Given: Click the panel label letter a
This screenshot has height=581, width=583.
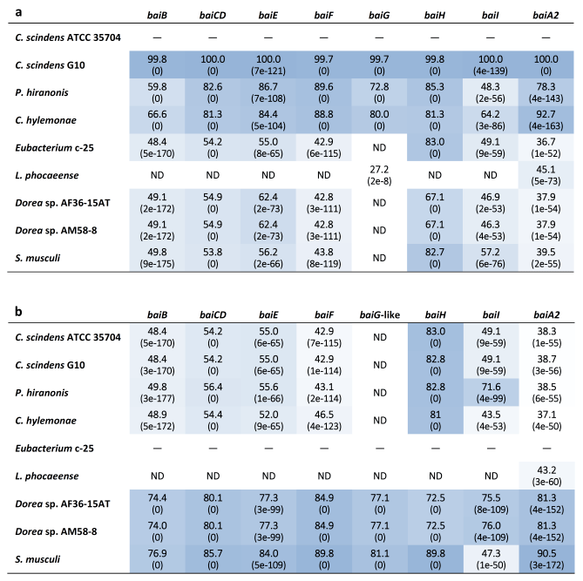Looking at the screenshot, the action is pos(18,12).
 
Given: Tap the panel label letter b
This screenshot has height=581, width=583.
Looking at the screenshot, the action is pos(18,311).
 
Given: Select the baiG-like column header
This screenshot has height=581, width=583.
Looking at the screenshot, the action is pos(380,314).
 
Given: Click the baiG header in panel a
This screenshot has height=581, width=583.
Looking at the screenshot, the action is pos(379,15).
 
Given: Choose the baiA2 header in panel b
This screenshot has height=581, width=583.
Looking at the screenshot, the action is pos(546,314).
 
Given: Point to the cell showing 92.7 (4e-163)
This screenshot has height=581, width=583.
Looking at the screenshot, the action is pos(546,120).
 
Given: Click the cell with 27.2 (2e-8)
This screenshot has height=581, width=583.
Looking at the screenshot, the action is pos(379,175).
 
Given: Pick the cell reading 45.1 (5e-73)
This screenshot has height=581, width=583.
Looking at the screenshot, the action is pos(546,175).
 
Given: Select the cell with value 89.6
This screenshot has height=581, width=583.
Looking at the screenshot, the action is pos(323,92).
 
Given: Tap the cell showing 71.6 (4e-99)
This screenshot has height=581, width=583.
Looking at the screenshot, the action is pos(491,393).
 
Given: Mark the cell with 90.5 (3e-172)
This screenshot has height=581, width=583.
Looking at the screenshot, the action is pos(546,559).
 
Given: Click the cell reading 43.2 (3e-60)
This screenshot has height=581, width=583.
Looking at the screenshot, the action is pos(546,476).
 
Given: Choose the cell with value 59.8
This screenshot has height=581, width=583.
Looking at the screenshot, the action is pos(157,92).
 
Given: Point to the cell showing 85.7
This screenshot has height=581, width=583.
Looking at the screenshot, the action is pos(213,559).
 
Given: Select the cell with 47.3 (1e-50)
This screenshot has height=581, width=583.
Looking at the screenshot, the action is pos(491,559).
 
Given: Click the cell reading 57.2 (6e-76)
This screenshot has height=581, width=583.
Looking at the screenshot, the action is pos(491,258).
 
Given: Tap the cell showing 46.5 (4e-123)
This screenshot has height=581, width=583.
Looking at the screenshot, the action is pos(324,421).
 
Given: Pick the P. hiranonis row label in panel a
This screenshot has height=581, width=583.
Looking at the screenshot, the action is pos(42,92).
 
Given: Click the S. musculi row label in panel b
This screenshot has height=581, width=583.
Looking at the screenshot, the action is pos(37,559).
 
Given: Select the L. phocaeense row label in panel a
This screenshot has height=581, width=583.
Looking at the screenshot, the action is pos(47,175).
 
